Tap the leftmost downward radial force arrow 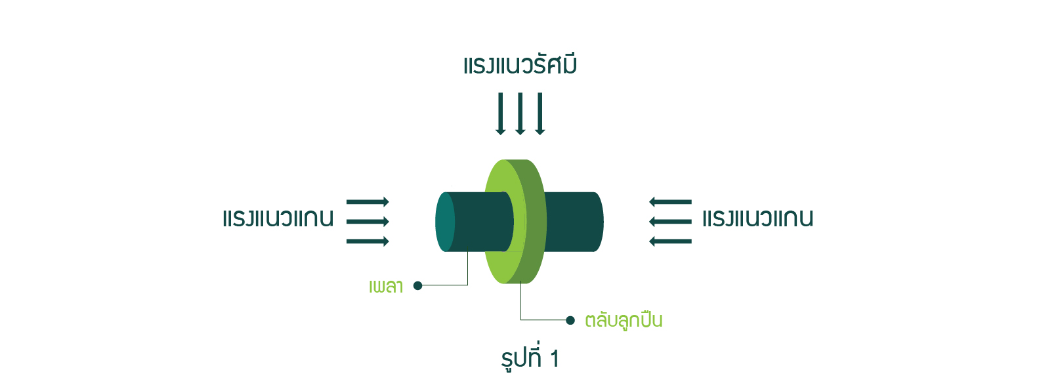(500, 113)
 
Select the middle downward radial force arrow (520, 113)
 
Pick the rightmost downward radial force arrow (540, 113)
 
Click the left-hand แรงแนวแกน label (278, 218)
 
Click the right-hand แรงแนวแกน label (758, 218)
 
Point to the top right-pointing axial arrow (368, 201)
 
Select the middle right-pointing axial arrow (368, 222)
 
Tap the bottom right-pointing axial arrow (368, 241)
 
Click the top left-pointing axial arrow (670, 201)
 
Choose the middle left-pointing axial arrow (670, 222)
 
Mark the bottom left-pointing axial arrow (670, 241)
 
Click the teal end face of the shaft (445, 222)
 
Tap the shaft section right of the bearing (574, 222)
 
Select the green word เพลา (386, 286)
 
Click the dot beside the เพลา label (417, 285)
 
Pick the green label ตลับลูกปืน (624, 319)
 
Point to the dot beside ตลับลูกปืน (570, 320)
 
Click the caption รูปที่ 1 (530, 358)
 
